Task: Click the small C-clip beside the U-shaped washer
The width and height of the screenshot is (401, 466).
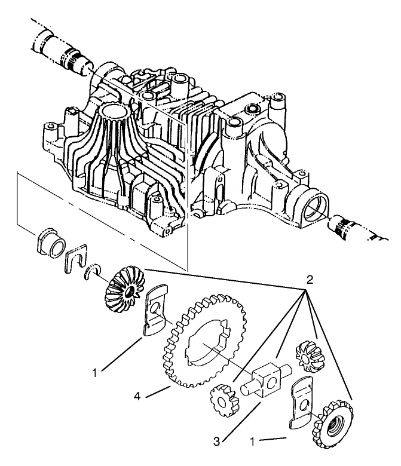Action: coord(93,273)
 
